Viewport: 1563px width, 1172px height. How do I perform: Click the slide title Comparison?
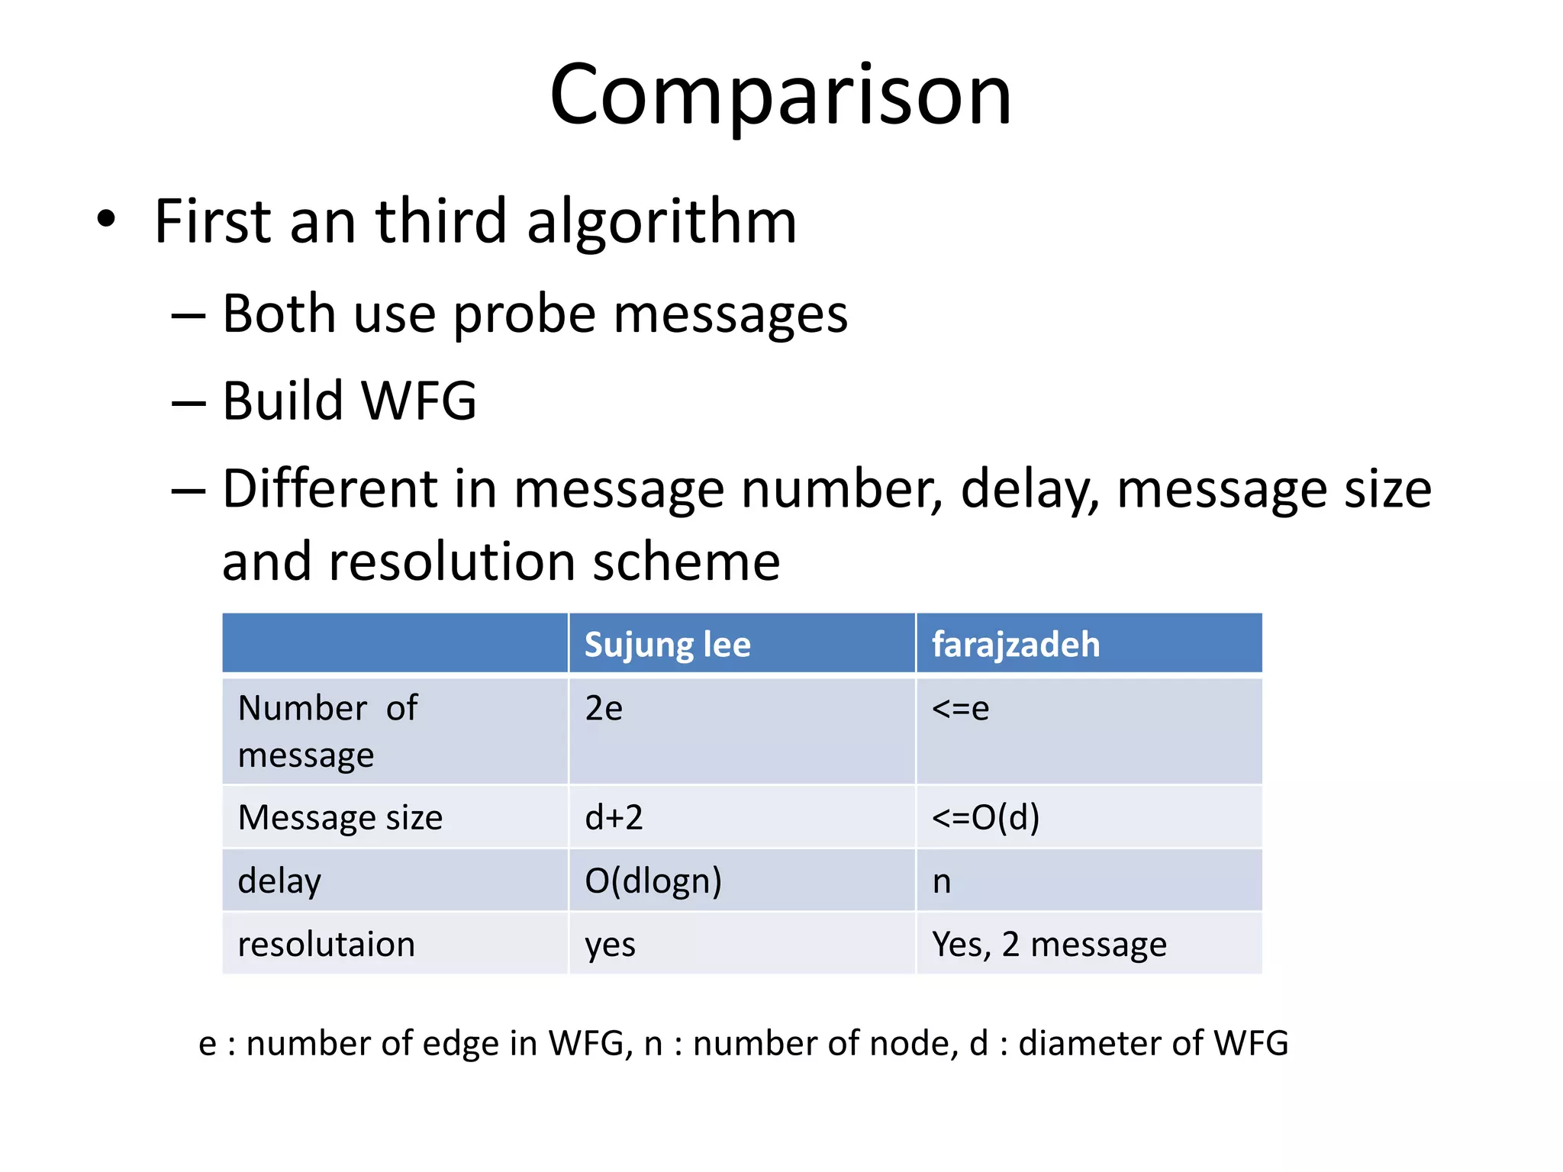click(x=780, y=95)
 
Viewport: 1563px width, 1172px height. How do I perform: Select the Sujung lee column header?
click(x=667, y=645)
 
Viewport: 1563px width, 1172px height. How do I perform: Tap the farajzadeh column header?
click(x=1016, y=645)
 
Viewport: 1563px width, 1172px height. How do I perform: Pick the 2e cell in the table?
click(x=604, y=709)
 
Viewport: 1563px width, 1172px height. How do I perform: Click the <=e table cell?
click(x=960, y=709)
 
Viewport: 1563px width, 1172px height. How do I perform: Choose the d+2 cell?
click(x=614, y=818)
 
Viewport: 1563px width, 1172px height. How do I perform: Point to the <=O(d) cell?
click(x=985, y=818)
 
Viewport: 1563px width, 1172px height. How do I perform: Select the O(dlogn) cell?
click(x=653, y=881)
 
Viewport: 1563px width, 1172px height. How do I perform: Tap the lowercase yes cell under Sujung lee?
click(x=610, y=945)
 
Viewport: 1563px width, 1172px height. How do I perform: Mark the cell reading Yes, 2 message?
click(x=1049, y=945)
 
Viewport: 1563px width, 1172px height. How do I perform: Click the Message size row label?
click(x=340, y=818)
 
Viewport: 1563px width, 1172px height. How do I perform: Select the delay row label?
click(x=279, y=881)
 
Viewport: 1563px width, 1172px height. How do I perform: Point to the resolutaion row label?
click(x=327, y=945)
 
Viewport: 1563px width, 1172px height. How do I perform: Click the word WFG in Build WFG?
click(x=418, y=401)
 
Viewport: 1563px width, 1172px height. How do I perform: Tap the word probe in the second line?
click(x=524, y=314)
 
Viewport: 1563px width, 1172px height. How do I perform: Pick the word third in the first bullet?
click(x=441, y=221)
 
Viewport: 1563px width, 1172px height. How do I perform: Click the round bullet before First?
click(x=106, y=220)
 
